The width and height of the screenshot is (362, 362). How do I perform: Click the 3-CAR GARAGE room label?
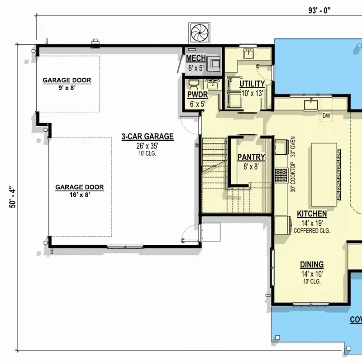click(x=148, y=137)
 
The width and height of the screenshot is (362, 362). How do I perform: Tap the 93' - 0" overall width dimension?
click(x=319, y=10)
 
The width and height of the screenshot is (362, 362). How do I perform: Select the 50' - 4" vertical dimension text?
click(x=13, y=197)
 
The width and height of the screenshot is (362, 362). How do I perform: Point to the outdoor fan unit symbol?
click(x=199, y=33)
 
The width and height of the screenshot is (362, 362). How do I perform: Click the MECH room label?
click(x=196, y=58)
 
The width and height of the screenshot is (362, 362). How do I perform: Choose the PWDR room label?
click(x=197, y=95)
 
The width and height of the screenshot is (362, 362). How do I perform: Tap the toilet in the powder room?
click(x=193, y=84)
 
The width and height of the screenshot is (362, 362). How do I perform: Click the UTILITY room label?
click(x=252, y=84)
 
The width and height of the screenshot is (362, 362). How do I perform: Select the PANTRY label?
click(x=251, y=157)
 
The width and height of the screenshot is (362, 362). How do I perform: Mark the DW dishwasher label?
click(x=326, y=115)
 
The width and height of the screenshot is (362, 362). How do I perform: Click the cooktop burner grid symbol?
click(x=281, y=175)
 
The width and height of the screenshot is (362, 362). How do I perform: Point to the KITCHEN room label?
click(x=312, y=214)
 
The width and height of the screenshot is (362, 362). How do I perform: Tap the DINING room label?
click(x=312, y=265)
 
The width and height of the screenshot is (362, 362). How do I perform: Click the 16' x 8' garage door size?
click(x=80, y=195)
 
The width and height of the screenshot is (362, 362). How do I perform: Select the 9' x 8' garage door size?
click(x=67, y=88)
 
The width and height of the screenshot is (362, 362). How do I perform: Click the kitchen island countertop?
click(x=324, y=175)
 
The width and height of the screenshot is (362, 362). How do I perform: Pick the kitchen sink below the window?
click(x=311, y=105)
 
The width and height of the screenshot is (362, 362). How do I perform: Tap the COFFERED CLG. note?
click(x=312, y=230)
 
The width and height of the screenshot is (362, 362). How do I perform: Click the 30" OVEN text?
click(x=293, y=147)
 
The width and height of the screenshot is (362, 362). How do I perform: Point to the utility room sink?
click(x=248, y=53)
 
